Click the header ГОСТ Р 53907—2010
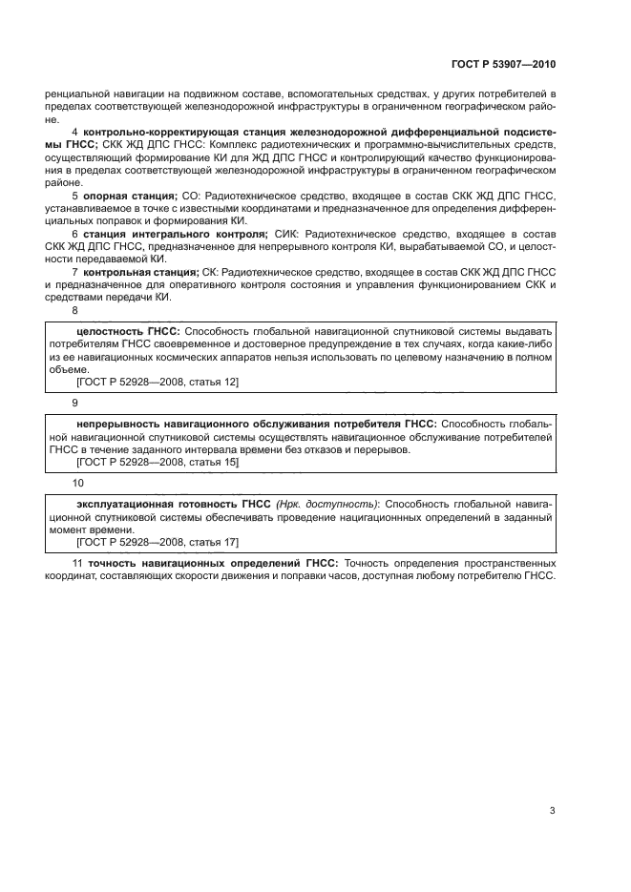504,66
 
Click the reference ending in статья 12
157,382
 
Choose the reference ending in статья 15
157,462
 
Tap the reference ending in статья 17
157,542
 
